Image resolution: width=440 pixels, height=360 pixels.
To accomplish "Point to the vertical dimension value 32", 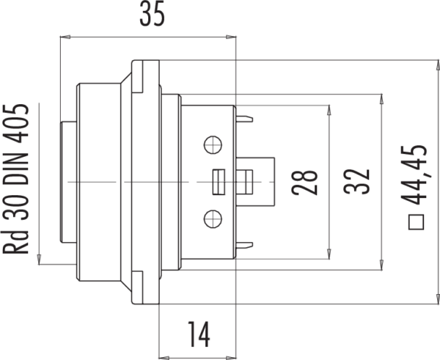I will point(356,182).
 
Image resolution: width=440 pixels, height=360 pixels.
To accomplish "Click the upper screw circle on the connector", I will point(213,144).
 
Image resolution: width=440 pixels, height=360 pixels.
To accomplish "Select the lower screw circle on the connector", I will point(213,217).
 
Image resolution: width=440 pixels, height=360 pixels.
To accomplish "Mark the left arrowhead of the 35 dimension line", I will point(63,35).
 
